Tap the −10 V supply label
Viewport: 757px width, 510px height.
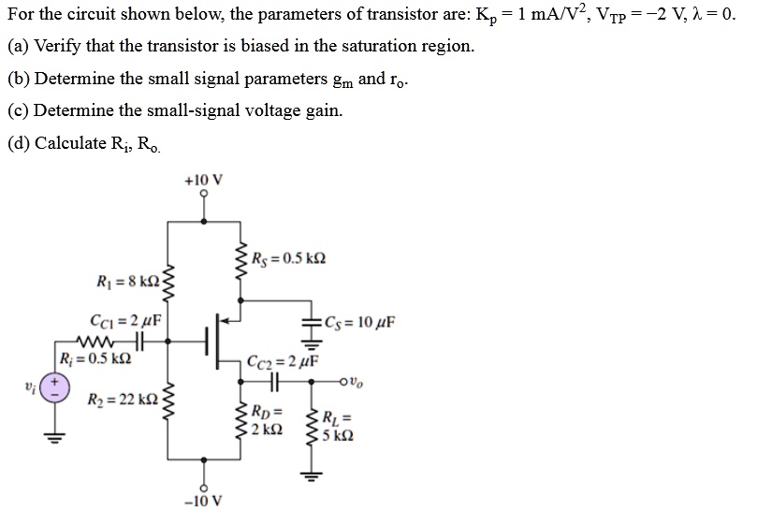[x=205, y=499]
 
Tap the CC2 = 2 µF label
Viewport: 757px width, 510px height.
[x=283, y=361]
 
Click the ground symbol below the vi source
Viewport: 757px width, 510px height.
[x=54, y=439]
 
